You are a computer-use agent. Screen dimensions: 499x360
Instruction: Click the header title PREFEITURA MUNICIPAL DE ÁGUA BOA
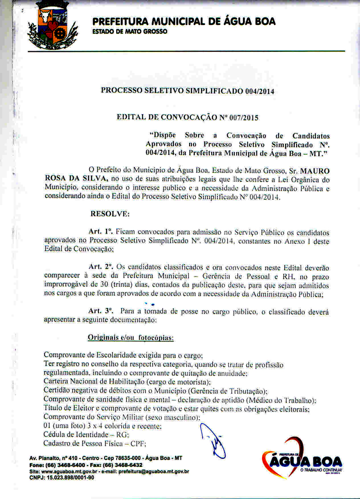(184, 22)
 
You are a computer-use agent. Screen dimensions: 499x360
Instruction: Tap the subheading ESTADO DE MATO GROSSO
(130, 31)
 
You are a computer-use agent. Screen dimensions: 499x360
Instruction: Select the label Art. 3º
(101, 311)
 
